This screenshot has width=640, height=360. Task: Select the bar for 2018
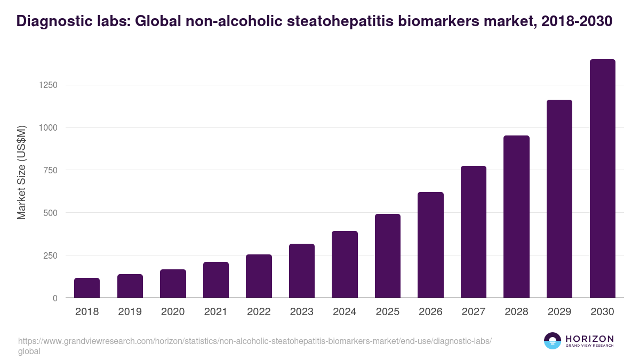click(x=87, y=288)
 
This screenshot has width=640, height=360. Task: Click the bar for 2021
click(x=216, y=280)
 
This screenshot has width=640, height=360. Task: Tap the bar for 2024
click(x=345, y=265)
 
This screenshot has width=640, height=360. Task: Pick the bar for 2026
click(x=430, y=245)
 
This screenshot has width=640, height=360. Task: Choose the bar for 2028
click(x=516, y=217)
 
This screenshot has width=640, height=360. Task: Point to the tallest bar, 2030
click(x=602, y=179)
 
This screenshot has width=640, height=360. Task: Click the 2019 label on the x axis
click(x=130, y=312)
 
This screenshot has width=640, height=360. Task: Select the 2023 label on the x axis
click(x=301, y=312)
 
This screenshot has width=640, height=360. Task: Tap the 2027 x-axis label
click(x=474, y=312)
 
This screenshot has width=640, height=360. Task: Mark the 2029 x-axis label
click(x=559, y=312)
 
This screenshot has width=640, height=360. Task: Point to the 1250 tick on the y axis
click(x=47, y=85)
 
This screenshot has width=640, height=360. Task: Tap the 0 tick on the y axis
click(x=55, y=298)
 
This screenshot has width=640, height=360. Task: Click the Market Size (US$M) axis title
click(x=21, y=172)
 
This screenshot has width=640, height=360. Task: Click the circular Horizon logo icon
click(x=552, y=341)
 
